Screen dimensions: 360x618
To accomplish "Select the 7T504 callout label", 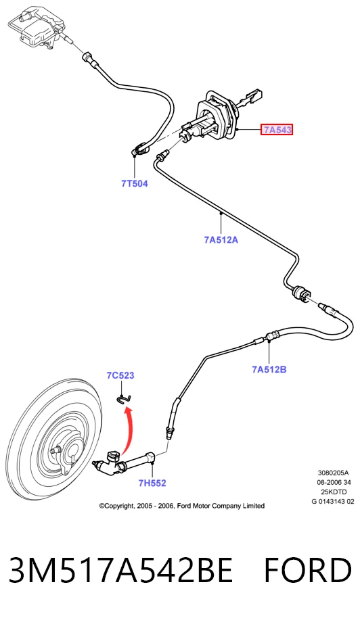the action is (135, 183).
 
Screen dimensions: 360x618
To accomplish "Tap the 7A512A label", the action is (221, 239).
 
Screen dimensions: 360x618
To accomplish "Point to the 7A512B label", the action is (269, 369).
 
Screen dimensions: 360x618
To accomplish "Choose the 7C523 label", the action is (120, 375).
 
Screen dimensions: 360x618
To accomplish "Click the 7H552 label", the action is (152, 483).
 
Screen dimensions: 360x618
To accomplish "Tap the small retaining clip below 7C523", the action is (123, 399).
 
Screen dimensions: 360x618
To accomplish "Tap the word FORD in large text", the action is (308, 570).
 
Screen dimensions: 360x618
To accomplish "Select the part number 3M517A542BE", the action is (120, 570).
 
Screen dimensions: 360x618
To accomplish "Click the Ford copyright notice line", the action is (182, 506).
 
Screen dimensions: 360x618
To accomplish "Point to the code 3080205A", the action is (334, 473).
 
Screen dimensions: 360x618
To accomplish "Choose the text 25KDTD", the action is (334, 492).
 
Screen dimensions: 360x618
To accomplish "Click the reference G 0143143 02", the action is (333, 501).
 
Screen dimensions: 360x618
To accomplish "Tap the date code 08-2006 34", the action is (334, 482).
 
